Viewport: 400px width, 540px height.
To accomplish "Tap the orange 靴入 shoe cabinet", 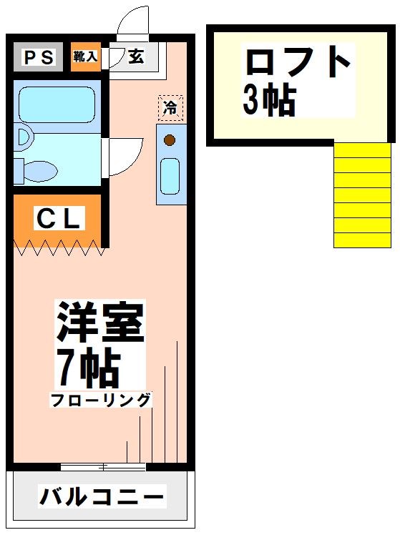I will click(85, 57).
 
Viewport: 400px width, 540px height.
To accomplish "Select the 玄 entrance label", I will click(136, 57).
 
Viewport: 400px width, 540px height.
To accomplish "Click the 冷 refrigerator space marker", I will click(170, 108).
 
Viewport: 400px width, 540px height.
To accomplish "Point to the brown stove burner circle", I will click(170, 140).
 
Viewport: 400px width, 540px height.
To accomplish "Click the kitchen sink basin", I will click(170, 176).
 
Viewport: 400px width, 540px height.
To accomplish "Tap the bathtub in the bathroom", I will click(57, 104).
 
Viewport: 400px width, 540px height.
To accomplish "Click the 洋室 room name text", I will click(100, 323).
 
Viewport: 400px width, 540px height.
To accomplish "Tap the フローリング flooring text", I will click(100, 401).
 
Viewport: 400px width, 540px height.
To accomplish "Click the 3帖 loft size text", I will click(269, 101).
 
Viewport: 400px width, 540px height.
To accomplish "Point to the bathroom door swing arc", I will click(120, 156).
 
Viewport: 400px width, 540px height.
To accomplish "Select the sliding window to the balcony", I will click(103, 467).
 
